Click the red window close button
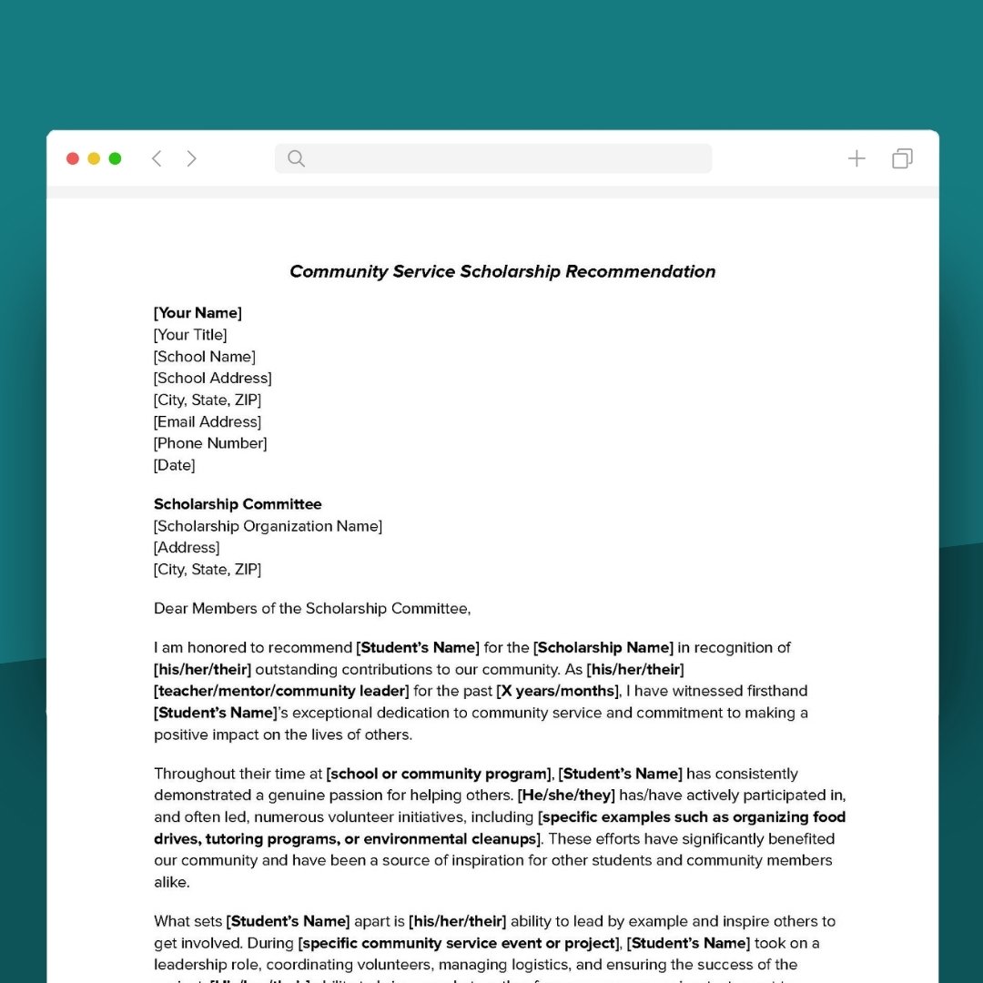(x=73, y=158)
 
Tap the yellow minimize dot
(x=94, y=158)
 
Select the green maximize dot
(x=115, y=158)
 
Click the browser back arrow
(x=157, y=158)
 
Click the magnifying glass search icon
(x=296, y=158)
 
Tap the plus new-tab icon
(x=856, y=158)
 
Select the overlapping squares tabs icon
(x=902, y=158)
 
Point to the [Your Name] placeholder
(x=198, y=313)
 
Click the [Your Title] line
(x=190, y=335)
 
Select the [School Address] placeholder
(x=212, y=378)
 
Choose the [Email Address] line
(x=208, y=421)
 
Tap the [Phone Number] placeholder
(x=210, y=443)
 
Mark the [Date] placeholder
(x=174, y=465)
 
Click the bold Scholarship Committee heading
(x=238, y=504)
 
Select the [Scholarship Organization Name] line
(x=268, y=526)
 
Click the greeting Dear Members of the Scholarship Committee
(x=312, y=608)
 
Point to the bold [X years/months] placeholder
(x=557, y=691)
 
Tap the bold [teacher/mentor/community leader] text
(x=281, y=691)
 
